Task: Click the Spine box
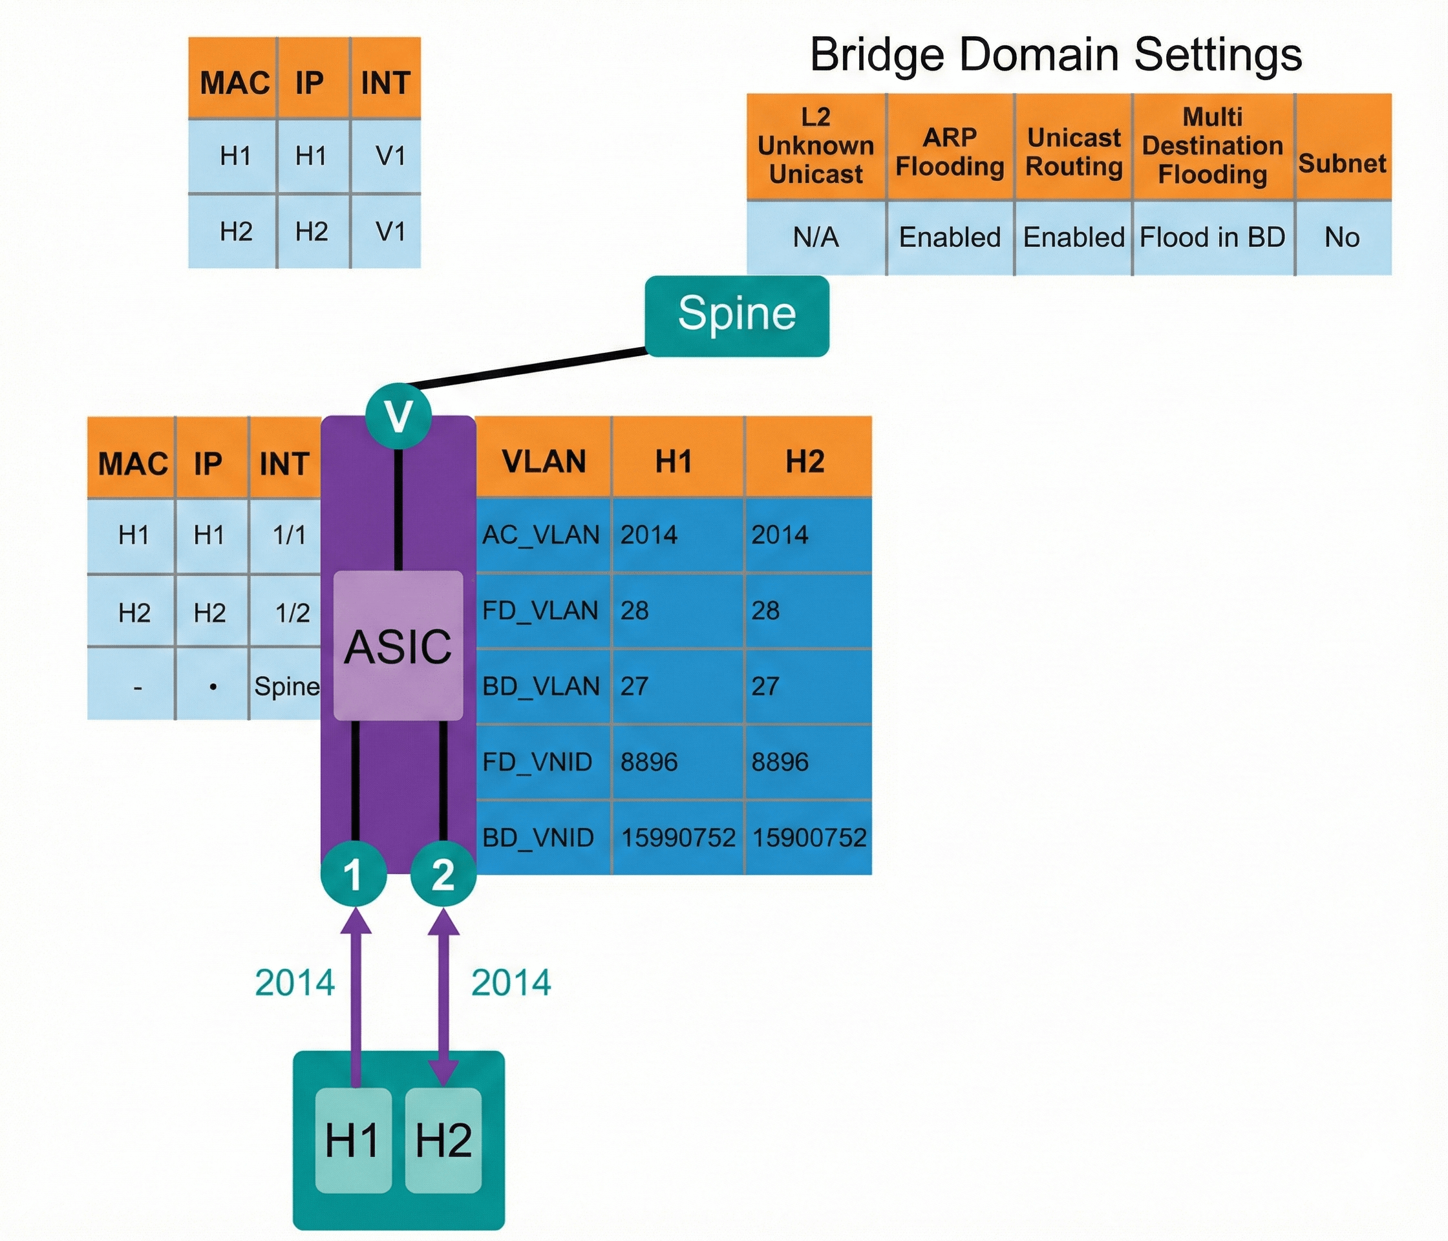(x=736, y=315)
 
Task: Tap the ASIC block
(x=398, y=646)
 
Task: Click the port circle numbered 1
(x=354, y=873)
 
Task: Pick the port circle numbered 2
(x=443, y=873)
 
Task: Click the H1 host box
(x=353, y=1140)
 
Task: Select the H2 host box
(x=443, y=1140)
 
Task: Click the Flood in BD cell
(x=1213, y=238)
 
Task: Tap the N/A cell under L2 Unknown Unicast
(x=816, y=238)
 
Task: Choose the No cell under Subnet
(x=1342, y=238)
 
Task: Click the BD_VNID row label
(x=538, y=837)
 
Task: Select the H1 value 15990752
(x=678, y=837)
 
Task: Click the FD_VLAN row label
(x=540, y=611)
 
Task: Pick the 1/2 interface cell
(x=292, y=613)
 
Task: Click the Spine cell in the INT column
(x=286, y=686)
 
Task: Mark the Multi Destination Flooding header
(x=1213, y=146)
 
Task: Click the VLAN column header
(x=544, y=461)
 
